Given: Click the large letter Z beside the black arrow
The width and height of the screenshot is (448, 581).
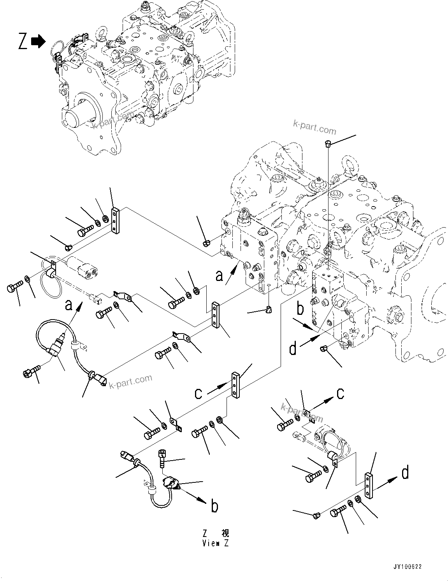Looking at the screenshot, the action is [23, 41].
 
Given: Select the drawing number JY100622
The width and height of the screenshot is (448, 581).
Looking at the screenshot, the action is [408, 567].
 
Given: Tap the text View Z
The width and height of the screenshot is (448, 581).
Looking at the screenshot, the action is [215, 543].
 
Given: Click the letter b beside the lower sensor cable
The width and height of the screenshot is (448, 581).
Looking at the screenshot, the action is [214, 506].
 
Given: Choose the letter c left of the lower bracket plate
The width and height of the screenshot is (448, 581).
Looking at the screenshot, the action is [199, 393].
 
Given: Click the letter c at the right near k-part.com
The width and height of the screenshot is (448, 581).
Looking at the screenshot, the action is [340, 394].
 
